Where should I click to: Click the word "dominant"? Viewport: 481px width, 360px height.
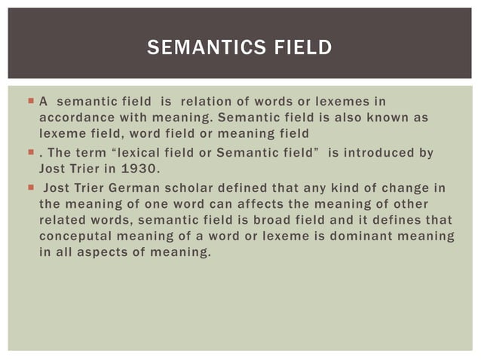point(360,237)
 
